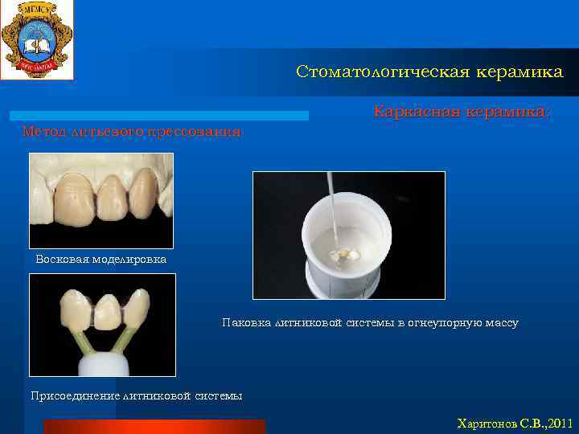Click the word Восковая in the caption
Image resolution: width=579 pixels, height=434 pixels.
point(62,260)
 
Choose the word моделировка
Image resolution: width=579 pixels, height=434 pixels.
point(129,260)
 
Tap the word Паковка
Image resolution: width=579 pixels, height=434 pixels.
point(247,323)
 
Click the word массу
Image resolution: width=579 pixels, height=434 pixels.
point(500,323)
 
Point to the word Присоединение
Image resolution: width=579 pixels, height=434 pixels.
point(73,395)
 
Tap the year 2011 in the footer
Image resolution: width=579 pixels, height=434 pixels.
point(557,423)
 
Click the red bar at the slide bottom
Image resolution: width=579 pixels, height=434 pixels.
point(154,426)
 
